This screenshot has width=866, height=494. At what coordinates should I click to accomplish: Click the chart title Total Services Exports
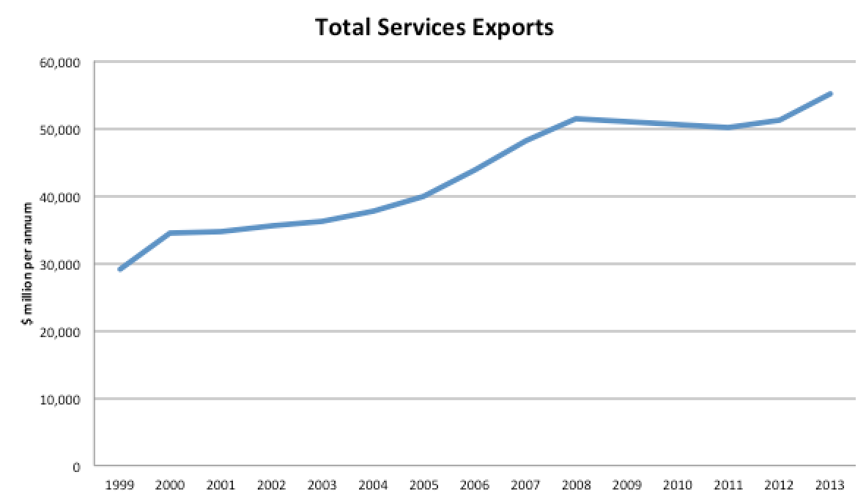(434, 28)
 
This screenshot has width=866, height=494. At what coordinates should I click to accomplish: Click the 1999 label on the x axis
(119, 484)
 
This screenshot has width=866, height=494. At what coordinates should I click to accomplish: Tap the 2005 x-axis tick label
(423, 484)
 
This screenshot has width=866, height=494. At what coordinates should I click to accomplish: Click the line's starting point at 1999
(119, 270)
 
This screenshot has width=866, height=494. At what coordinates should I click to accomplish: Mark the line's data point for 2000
(171, 233)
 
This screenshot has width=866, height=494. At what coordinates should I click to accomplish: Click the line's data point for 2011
(728, 128)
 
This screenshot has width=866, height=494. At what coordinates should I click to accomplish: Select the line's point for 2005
(423, 196)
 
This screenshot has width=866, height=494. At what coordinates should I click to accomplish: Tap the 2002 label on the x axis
(272, 484)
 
